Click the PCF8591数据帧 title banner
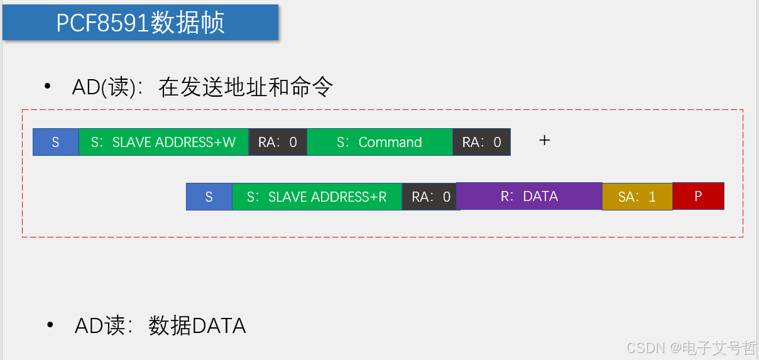pos(140,23)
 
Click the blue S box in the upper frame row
pos(56,142)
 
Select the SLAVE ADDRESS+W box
pos(163,142)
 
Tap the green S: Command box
pos(379,142)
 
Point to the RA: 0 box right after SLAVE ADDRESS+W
pos(278,142)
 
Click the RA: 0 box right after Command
pos(481,142)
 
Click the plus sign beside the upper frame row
pos(545,140)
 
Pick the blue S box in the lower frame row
pos(209,197)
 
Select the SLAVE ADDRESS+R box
pos(317,197)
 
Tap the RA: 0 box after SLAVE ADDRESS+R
pos(431,197)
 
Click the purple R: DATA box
pos(529,196)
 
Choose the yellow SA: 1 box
pos(637,197)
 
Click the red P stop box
pos(698,196)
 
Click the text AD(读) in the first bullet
pos(104,87)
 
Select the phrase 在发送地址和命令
pos(246,87)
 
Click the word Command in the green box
pos(390,142)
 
